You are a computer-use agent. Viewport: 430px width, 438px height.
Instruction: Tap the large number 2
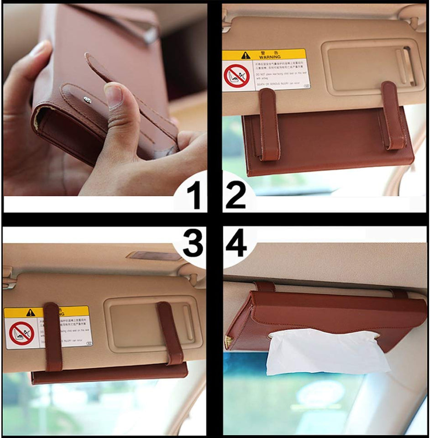(235, 195)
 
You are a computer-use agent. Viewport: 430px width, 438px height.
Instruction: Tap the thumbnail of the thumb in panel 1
(113, 95)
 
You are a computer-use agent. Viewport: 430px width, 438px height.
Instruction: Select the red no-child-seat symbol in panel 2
(236, 75)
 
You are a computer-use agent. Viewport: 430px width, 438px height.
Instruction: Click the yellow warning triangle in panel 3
(30, 313)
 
